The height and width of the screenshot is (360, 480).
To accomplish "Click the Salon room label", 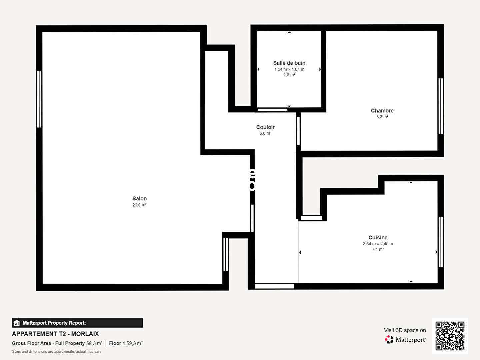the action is (140, 198).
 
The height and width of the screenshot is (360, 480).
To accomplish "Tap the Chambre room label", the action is (382, 111).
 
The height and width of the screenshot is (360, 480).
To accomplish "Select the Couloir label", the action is (265, 127).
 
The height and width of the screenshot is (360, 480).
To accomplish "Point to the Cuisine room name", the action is (378, 237).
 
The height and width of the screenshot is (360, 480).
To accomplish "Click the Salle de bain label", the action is (289, 63).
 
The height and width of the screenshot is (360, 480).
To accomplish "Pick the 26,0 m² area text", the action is (140, 205).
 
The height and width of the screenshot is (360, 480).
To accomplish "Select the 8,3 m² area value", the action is (382, 117).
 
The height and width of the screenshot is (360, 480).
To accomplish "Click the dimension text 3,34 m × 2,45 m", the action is (378, 243).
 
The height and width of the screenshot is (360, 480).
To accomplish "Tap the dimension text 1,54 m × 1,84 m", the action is (289, 69).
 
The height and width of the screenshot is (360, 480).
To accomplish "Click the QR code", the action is (450, 336).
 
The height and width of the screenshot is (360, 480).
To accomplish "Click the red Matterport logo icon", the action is (389, 339).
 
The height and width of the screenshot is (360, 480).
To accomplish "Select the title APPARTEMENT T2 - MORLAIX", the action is (55, 334).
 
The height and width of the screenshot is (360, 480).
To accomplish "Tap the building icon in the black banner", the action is (17, 323).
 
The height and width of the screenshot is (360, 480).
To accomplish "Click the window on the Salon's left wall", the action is (39, 99).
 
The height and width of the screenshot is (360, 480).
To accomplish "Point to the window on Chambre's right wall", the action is (441, 106).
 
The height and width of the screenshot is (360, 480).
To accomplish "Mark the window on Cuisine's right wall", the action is (441, 242).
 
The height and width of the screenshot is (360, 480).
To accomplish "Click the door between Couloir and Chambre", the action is (298, 131).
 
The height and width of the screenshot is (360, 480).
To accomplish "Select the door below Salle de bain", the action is (272, 110).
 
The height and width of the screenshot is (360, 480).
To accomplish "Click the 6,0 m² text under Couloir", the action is (265, 133).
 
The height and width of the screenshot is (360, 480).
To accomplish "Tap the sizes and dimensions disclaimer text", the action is (56, 351).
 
